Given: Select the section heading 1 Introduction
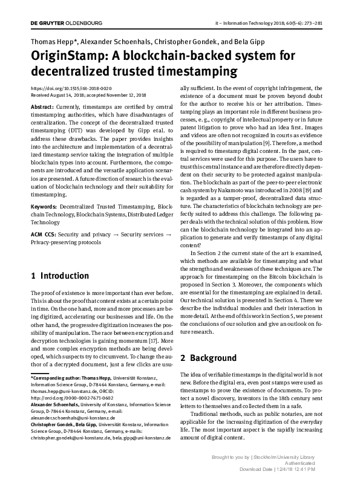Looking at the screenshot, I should point(59,276).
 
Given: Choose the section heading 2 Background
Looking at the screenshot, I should point(209,358).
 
